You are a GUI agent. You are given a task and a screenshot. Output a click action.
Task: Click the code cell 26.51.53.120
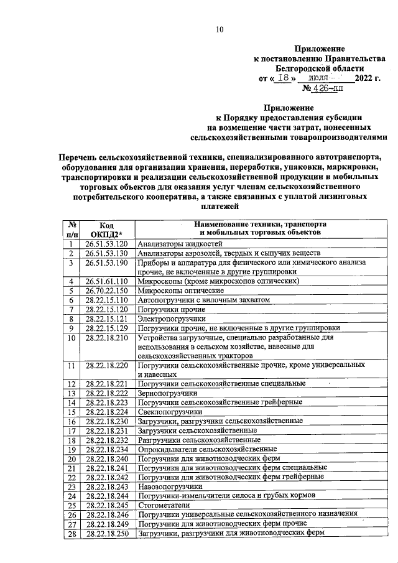[x=106, y=244]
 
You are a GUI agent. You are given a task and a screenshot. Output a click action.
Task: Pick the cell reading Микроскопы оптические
[x=180, y=291]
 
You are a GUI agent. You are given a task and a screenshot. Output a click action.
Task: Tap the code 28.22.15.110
[x=106, y=300]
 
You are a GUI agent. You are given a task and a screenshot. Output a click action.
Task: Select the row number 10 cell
[x=72, y=338]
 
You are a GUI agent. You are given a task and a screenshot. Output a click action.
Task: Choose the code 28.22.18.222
[x=106, y=394]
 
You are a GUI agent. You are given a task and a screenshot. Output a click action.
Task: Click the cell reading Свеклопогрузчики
[x=170, y=412]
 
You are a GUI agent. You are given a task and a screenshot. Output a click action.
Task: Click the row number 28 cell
[x=72, y=533]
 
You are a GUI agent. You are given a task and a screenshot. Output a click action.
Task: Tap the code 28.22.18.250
[x=106, y=533]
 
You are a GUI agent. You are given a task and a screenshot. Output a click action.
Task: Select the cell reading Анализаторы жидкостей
[x=180, y=244]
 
